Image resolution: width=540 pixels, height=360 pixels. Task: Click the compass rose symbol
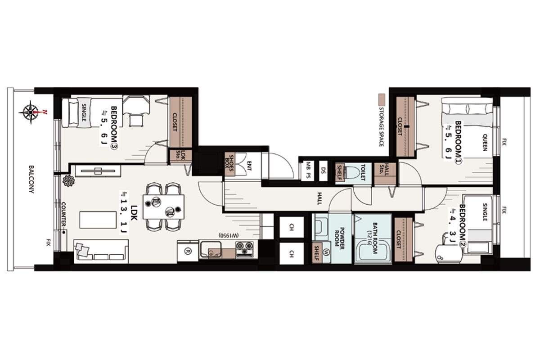pyautogui.click(x=31, y=112)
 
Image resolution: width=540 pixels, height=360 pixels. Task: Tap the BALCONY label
pyautogui.click(x=31, y=179)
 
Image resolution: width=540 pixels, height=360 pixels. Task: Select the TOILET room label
pyautogui.click(x=363, y=172)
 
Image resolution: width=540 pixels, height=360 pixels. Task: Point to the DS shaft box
pyautogui.click(x=323, y=171)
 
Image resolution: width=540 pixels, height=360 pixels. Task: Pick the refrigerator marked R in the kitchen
pyautogui.click(x=188, y=252)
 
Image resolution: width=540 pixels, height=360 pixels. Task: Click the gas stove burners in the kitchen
pyautogui.click(x=245, y=249)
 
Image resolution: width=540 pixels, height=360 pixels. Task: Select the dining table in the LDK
pyautogui.click(x=163, y=207)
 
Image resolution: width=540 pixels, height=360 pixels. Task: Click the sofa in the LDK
pyautogui.click(x=101, y=251)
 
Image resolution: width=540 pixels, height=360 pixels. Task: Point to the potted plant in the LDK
pyautogui.click(x=68, y=180)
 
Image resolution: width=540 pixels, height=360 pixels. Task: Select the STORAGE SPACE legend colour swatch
pyautogui.click(x=382, y=99)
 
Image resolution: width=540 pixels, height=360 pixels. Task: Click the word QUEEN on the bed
pyautogui.click(x=485, y=143)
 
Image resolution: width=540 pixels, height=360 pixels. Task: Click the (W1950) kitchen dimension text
pyautogui.click(x=229, y=235)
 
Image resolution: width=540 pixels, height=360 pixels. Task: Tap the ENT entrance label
pyautogui.click(x=249, y=166)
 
